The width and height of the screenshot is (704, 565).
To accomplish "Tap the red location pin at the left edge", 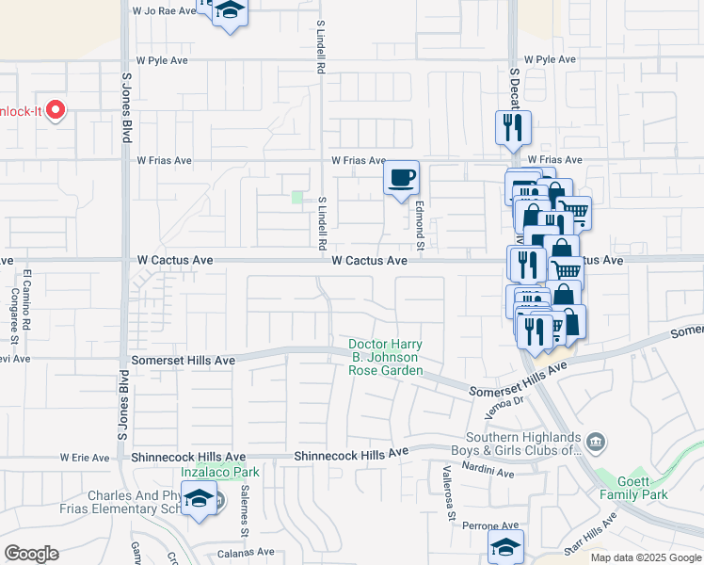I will tap(56, 110).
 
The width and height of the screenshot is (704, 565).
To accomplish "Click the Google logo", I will tap(31, 554).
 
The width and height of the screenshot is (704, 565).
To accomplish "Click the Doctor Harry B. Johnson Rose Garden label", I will tap(385, 358).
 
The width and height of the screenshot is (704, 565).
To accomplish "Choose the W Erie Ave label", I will tap(85, 458).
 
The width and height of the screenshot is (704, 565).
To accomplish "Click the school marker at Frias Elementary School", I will tap(200, 499).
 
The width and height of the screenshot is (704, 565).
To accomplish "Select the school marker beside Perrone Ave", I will tap(505, 547).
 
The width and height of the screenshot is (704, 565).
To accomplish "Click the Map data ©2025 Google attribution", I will tap(646, 557).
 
